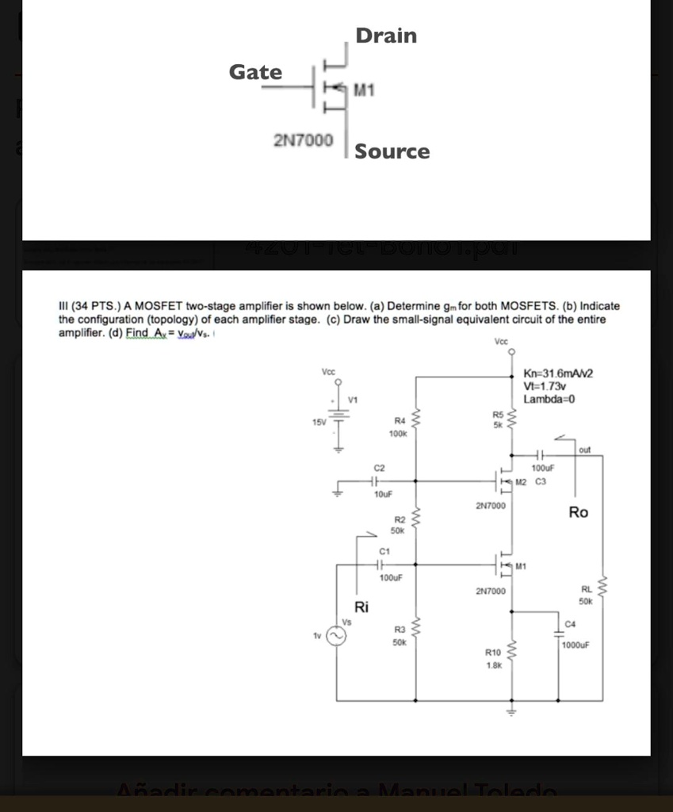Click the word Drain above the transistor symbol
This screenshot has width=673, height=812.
386,36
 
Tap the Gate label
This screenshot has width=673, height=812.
255,72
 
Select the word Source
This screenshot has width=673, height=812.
392,151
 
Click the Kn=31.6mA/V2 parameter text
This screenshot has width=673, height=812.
559,373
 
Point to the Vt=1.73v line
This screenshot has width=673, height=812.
544,386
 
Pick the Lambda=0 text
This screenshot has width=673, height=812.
549,399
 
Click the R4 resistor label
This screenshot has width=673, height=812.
400,421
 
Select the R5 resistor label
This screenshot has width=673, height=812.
498,414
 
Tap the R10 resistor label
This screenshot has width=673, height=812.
493,652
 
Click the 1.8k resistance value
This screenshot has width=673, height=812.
493,666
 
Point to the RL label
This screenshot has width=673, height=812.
587,589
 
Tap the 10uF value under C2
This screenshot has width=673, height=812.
383,493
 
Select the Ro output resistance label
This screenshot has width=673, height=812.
579,513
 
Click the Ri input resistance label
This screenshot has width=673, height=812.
361,608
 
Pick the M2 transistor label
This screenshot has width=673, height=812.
521,481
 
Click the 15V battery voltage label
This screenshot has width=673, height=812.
319,422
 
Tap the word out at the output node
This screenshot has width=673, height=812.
585,450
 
